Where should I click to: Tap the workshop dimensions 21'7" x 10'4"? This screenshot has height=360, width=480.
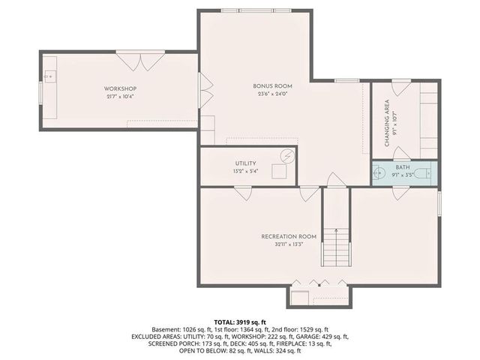pyautogui.click(x=120, y=97)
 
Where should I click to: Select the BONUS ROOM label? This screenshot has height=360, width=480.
pyautogui.click(x=272, y=86)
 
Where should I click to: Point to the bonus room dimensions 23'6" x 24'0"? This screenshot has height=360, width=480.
pyautogui.click(x=272, y=94)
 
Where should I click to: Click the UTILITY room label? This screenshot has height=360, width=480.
pyautogui.click(x=245, y=163)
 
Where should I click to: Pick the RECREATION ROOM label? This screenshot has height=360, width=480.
pyautogui.click(x=289, y=236)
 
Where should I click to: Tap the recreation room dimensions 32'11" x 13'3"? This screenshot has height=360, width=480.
pyautogui.click(x=289, y=244)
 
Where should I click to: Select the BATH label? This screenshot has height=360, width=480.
pyautogui.click(x=403, y=167)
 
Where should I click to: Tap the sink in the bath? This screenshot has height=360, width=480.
pyautogui.click(x=379, y=173)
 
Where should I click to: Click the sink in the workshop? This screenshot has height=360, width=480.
pyautogui.click(x=49, y=76)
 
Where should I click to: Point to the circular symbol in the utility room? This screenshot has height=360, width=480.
pyautogui.click(x=287, y=156)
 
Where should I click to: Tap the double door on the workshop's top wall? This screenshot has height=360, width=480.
pyautogui.click(x=140, y=60)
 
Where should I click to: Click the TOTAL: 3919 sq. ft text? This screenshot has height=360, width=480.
pyautogui.click(x=240, y=320)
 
